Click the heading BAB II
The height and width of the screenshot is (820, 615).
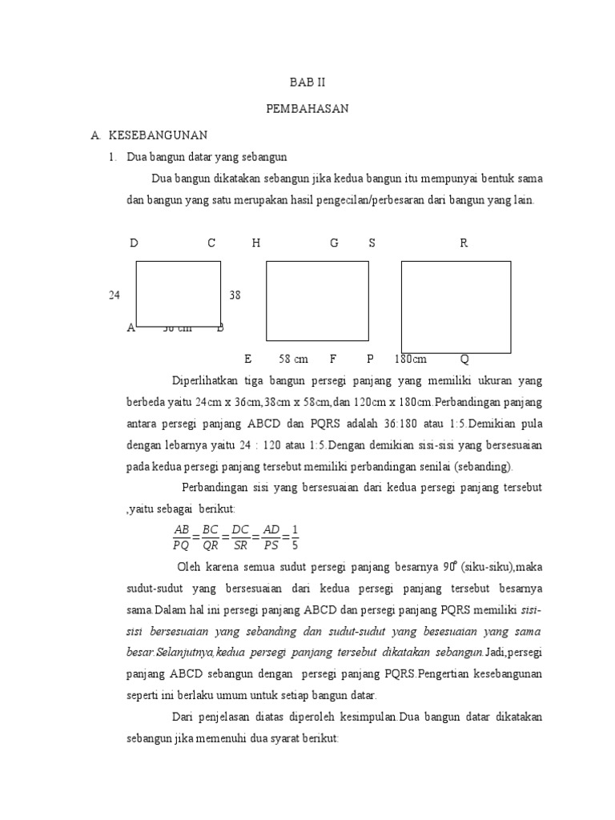click(x=307, y=83)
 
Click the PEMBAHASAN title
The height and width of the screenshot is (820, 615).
click(x=307, y=109)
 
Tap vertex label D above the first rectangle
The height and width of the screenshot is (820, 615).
click(x=134, y=243)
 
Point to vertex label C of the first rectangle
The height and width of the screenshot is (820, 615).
click(x=211, y=243)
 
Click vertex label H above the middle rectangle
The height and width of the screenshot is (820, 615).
click(x=255, y=243)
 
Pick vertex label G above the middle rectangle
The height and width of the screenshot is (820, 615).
click(x=334, y=243)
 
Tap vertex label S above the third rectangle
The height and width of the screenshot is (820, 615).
click(x=372, y=243)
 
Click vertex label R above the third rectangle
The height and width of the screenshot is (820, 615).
click(x=463, y=243)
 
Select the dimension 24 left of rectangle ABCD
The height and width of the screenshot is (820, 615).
click(x=115, y=295)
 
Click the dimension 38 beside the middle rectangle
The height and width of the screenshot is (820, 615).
click(x=235, y=295)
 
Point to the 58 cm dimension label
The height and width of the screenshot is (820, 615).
click(x=293, y=359)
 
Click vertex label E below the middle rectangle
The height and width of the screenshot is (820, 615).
click(x=248, y=359)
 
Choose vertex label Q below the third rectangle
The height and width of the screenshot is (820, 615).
click(x=464, y=359)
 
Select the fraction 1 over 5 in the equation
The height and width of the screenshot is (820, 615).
click(x=295, y=537)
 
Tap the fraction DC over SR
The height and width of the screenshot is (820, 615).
click(x=239, y=537)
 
